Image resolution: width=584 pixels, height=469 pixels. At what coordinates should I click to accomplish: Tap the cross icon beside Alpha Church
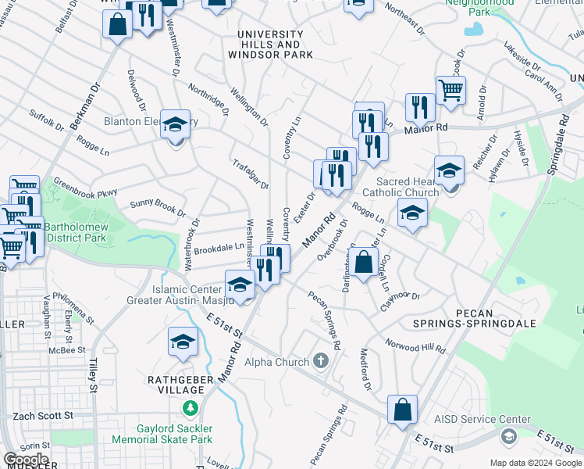[320, 361]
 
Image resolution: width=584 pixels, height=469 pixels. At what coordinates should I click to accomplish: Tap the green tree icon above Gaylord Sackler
[189, 408]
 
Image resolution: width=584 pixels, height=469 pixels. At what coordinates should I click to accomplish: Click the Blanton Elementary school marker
[175, 124]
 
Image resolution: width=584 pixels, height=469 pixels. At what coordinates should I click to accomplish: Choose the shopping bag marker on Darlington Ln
[364, 262]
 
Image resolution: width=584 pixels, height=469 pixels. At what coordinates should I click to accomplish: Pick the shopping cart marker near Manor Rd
[450, 91]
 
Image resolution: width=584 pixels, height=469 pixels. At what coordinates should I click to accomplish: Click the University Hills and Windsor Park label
[270, 45]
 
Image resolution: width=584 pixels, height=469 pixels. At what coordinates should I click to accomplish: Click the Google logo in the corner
[25, 460]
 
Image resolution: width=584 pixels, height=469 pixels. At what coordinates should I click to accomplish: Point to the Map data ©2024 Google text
[535, 463]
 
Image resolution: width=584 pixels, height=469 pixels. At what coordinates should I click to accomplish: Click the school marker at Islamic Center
[240, 285]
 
